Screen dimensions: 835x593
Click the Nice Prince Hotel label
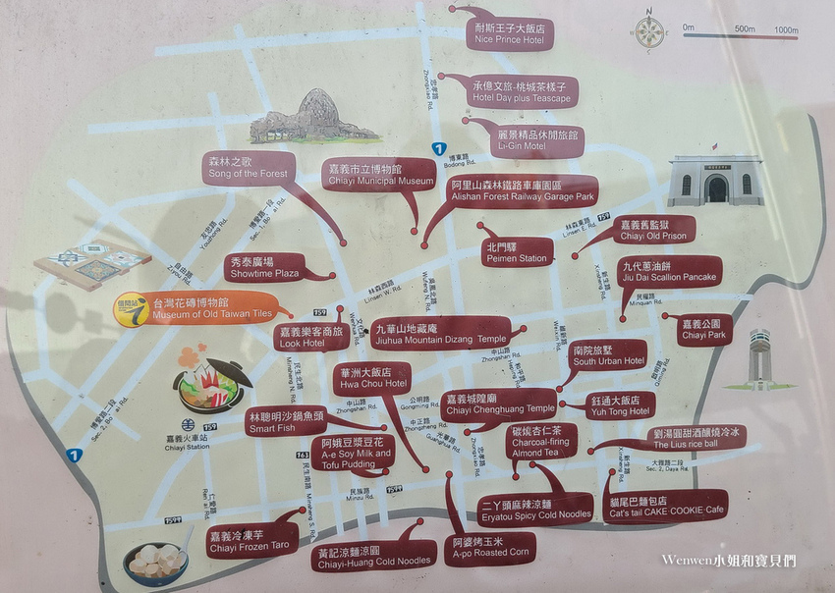[x=509, y=33]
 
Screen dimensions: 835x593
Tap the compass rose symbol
[x=648, y=31]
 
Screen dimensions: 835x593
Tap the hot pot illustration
[x=211, y=380]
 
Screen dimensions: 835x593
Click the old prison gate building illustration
[x=716, y=181]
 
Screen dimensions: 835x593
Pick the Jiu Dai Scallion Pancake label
[x=671, y=272]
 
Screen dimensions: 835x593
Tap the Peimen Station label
[x=516, y=251]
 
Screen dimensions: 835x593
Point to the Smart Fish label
[x=284, y=422]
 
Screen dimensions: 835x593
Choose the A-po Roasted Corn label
[x=490, y=548]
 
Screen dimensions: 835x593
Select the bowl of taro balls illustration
[x=157, y=560]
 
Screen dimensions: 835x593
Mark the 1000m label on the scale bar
[x=785, y=29]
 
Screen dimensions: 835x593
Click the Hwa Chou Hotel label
[x=372, y=378]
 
